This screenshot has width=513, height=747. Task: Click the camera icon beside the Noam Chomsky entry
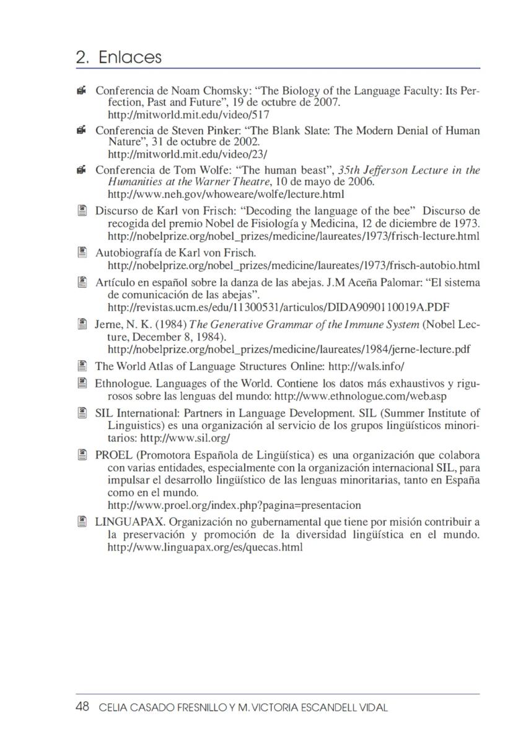pos(81,91)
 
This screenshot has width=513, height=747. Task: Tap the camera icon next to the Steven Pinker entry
pos(81,131)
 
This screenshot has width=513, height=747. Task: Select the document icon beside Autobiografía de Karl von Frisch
pos(81,253)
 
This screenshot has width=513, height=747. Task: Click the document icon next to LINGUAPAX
pos(81,522)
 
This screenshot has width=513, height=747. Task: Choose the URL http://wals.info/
pos(366,366)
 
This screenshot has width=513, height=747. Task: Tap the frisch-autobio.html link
pos(294,265)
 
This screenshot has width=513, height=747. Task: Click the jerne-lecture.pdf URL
pos(288,349)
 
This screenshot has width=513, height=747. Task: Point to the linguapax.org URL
pos(205,547)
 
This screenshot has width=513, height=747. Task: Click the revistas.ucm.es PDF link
pos(278,307)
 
